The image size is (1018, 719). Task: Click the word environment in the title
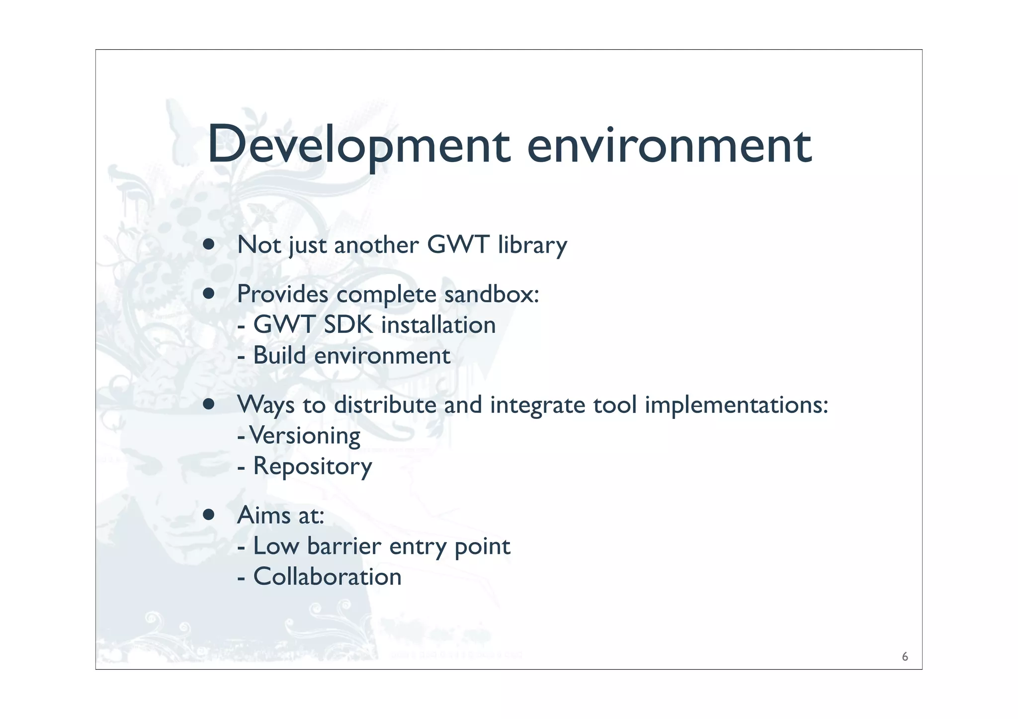[x=669, y=145]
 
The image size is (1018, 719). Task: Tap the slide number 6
[x=905, y=657]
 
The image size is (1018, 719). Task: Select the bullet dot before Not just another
[x=209, y=244]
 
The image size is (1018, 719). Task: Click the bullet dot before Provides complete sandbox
[x=209, y=294]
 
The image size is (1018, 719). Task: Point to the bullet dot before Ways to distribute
[x=209, y=404]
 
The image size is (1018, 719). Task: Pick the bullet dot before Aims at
[x=209, y=515]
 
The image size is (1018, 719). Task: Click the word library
[x=532, y=245]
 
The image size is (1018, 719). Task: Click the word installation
[x=438, y=325]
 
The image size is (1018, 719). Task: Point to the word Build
[x=279, y=355]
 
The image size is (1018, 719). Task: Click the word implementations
[x=736, y=405]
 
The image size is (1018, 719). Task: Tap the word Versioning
[x=305, y=436]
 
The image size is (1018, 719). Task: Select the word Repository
[x=313, y=467]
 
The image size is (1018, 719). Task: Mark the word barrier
[x=344, y=546]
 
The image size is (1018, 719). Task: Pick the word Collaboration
[x=327, y=577]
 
